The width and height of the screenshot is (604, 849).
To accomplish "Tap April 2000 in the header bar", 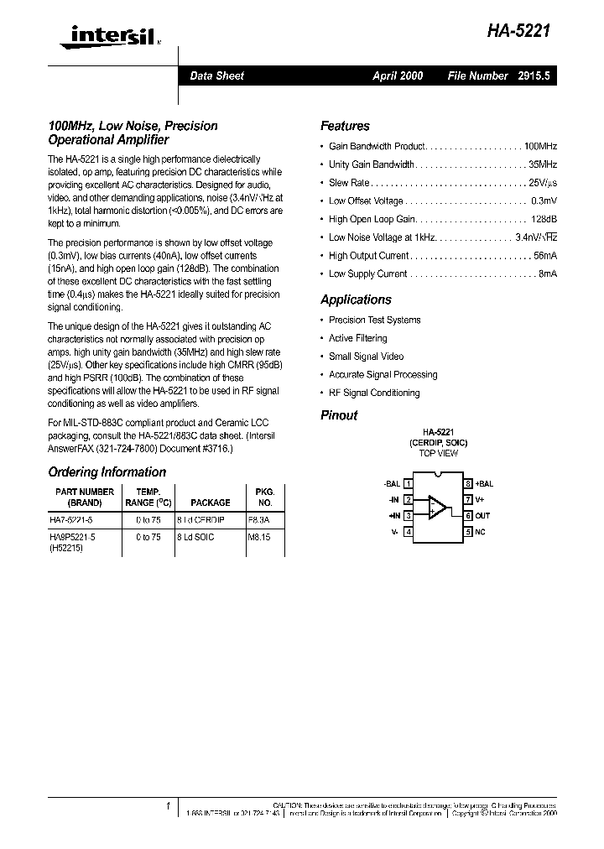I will click(398, 76).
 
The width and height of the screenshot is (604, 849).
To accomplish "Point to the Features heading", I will click(345, 126).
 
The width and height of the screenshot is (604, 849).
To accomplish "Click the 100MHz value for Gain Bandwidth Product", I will click(540, 146).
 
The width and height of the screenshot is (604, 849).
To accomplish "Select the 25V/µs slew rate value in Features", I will click(543, 183).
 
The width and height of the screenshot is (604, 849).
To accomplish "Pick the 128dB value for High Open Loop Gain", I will click(544, 219).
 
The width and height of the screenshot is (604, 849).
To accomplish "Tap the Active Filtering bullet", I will click(357, 338).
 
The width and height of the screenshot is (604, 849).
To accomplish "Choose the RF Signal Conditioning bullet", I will click(374, 393).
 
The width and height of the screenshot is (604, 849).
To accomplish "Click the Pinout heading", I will click(339, 415).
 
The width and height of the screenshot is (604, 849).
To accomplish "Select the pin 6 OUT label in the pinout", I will click(482, 516).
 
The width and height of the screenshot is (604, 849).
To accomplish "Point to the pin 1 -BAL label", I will click(392, 484).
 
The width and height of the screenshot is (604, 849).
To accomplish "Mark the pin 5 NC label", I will click(480, 532).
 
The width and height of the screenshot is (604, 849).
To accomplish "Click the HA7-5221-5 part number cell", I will click(76, 520).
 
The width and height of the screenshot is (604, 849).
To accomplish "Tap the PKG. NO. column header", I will click(264, 497).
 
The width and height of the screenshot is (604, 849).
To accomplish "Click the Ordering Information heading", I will click(107, 472).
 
